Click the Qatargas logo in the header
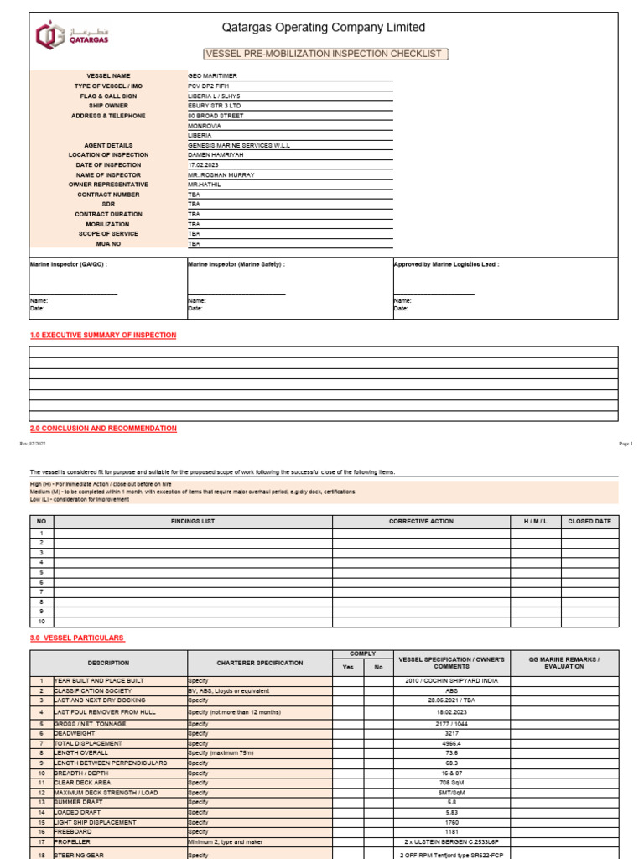point(72,35)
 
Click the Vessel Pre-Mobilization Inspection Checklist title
point(323,54)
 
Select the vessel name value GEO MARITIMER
point(213,76)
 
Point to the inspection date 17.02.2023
point(203,165)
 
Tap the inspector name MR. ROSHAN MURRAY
point(221,175)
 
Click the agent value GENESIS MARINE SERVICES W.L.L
point(239,145)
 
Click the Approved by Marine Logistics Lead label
point(447,264)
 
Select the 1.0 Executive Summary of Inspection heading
point(103,336)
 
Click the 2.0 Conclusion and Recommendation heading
point(103,429)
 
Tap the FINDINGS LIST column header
point(193,522)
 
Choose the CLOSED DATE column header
point(589,522)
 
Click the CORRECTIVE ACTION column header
point(421,522)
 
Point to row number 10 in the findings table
point(41,622)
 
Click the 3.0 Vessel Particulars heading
point(76,638)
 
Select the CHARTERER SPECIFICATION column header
point(260,663)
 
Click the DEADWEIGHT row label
point(76,733)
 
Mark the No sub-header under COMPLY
point(377,668)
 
